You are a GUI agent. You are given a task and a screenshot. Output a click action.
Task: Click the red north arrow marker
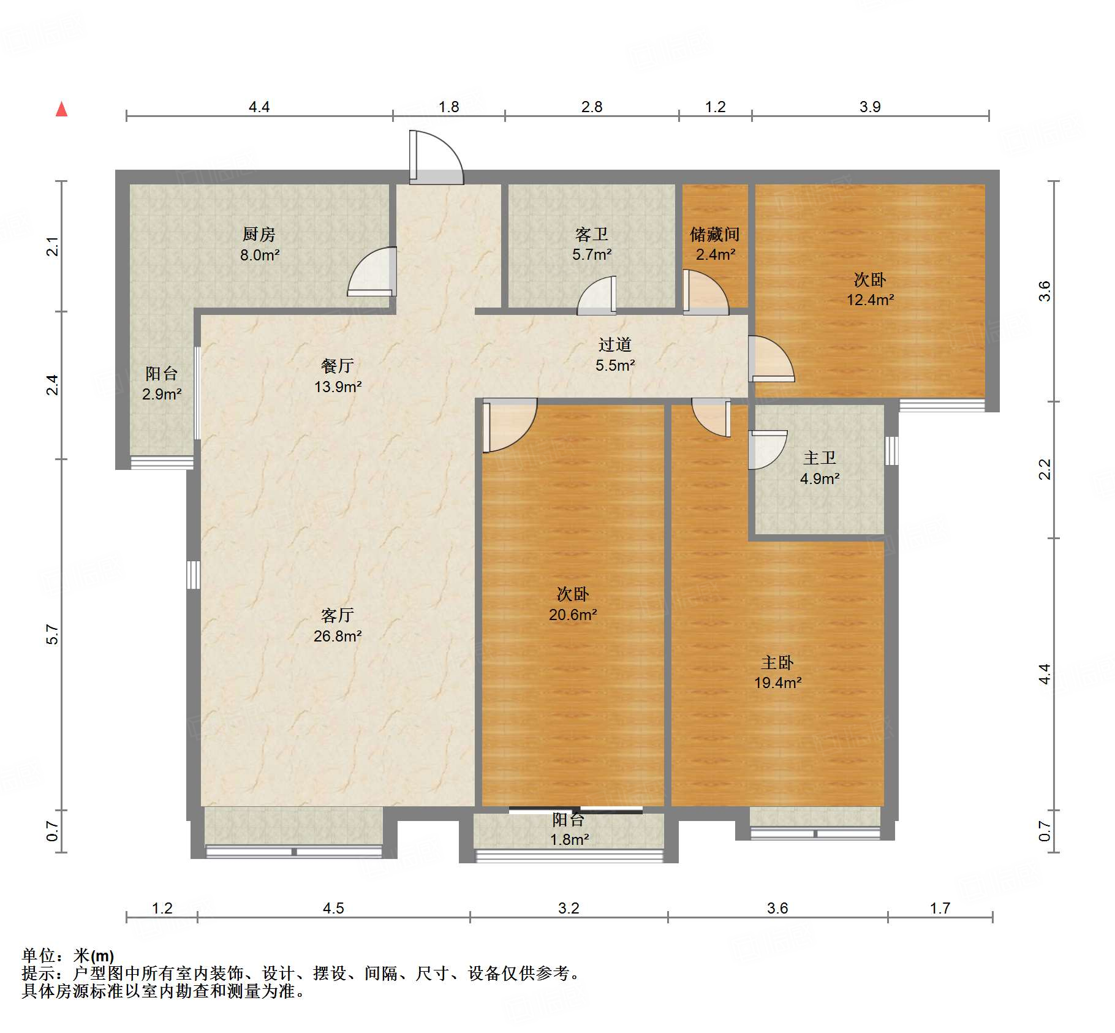click(61, 110)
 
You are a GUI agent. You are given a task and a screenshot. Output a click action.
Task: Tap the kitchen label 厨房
click(259, 234)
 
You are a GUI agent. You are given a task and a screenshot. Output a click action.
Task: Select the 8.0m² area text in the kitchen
click(260, 255)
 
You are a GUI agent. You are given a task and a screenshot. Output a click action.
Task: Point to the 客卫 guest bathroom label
click(591, 234)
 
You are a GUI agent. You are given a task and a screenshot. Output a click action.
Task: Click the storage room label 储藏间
click(714, 234)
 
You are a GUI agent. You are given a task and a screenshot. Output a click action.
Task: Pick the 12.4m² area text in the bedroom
click(870, 300)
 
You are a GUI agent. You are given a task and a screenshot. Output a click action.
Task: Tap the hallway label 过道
click(614, 344)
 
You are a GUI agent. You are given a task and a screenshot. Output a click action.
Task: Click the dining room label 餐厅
click(337, 366)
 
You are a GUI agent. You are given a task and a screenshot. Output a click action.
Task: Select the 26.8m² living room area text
click(338, 636)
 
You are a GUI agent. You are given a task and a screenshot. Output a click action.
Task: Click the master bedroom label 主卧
click(777, 662)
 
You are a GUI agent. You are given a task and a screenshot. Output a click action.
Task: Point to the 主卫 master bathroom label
click(819, 458)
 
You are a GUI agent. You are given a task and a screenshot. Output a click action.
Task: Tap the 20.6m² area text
click(573, 615)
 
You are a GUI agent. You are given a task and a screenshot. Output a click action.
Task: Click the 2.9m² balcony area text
click(162, 394)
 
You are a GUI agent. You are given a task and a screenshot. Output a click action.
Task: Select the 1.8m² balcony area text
click(569, 839)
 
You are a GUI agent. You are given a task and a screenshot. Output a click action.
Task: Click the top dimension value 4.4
click(259, 107)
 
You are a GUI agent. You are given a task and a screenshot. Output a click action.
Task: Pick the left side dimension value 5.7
click(53, 634)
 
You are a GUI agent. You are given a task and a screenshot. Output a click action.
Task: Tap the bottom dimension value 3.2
click(569, 908)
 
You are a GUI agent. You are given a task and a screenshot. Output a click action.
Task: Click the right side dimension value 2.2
click(1045, 469)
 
